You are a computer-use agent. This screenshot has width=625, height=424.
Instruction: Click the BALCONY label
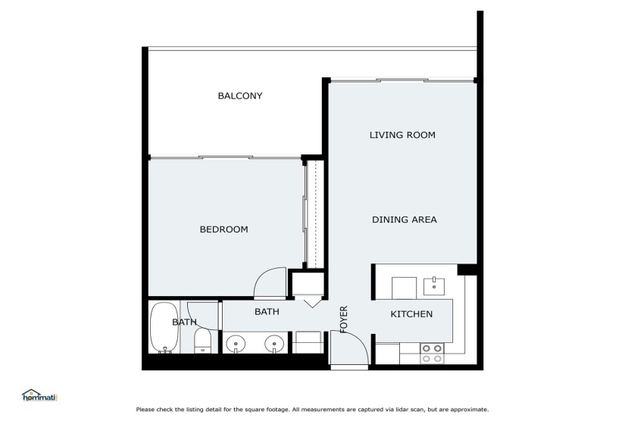[240, 95]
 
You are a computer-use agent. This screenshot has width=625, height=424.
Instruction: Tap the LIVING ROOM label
[402, 135]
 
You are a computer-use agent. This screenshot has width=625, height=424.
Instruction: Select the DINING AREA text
[405, 220]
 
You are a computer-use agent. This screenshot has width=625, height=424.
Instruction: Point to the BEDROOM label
[223, 229]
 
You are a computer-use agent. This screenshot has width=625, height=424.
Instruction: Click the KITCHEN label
[411, 314]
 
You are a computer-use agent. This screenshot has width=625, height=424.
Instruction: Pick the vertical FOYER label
[344, 320]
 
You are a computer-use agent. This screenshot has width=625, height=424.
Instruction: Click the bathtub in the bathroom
[164, 328]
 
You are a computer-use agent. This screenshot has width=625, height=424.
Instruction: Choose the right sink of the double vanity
[274, 343]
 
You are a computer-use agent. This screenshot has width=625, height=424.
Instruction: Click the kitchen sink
[433, 286]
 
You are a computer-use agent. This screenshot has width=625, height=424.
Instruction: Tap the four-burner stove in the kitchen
[432, 354]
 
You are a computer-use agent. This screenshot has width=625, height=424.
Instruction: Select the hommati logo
[39, 396]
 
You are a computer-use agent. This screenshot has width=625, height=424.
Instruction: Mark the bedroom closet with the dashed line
[315, 214]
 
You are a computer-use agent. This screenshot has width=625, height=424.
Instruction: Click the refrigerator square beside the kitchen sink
[404, 288]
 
